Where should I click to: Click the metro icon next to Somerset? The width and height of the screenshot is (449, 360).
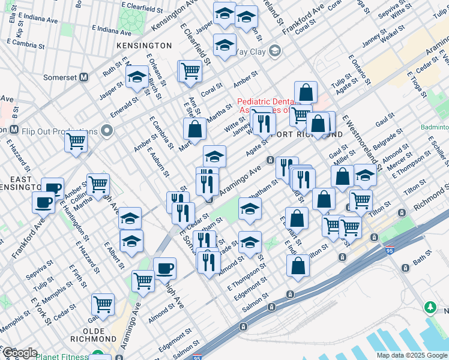84,77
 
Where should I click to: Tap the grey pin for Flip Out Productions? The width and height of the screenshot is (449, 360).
107,130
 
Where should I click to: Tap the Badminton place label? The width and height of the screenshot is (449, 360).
435,128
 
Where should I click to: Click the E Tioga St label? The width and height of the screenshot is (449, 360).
419,85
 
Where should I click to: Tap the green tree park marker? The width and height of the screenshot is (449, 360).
430,308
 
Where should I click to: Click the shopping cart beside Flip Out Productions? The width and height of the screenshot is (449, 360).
77,142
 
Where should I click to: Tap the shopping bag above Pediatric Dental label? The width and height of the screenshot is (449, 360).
306,92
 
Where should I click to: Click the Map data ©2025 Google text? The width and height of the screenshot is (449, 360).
411,355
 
